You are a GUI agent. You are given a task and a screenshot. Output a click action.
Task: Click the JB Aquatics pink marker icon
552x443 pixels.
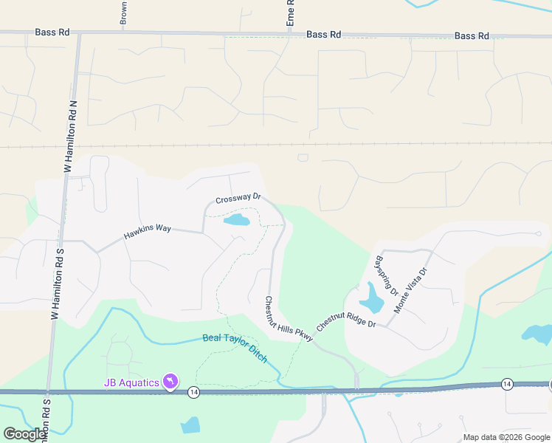click(x=171, y=381)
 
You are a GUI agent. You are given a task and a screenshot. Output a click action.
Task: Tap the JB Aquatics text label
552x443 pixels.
click(x=131, y=382)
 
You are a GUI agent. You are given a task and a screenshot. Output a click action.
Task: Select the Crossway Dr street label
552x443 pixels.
click(x=238, y=199)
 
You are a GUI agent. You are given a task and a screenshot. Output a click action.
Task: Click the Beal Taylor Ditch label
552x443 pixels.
click(x=235, y=348)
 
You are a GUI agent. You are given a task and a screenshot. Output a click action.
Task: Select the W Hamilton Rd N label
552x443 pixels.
click(x=72, y=137)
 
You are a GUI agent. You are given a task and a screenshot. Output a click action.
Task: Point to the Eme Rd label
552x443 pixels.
click(x=291, y=14)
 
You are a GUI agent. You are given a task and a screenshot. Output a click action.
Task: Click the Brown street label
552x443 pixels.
click(x=123, y=13)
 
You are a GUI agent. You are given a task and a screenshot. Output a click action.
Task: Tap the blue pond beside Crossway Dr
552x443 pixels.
click(x=236, y=220)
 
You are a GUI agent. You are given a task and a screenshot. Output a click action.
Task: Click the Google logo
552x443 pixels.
click(x=24, y=434)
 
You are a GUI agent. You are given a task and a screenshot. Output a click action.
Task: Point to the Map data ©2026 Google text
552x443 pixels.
click(x=506, y=437)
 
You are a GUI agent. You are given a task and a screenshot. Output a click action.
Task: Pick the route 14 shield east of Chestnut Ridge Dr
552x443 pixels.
click(x=507, y=383)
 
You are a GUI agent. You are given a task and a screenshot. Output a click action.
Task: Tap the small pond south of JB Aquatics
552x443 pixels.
click(x=190, y=425)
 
